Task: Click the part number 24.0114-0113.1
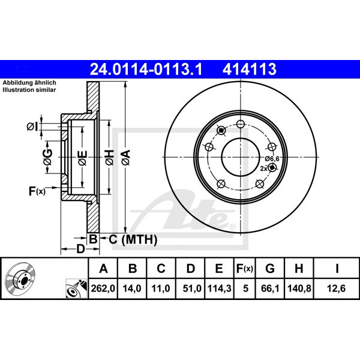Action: [146, 70]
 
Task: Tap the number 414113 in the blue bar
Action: [250, 70]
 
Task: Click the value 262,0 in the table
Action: [103, 289]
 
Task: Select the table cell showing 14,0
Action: [132, 289]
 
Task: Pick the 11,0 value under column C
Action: [161, 289]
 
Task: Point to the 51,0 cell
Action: [192, 289]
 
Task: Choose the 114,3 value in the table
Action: [219, 289]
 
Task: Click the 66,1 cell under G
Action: [270, 289]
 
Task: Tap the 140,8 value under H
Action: [299, 289]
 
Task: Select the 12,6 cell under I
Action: [337, 289]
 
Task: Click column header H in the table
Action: [299, 268]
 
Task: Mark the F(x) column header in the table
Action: [245, 268]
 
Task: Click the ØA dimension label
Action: [126, 157]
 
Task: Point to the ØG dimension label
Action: [48, 157]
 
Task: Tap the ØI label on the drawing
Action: [32, 127]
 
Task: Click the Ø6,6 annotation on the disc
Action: [272, 158]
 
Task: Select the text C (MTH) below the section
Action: [133, 239]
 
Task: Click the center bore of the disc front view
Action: [241, 157]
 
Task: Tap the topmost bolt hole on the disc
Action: [241, 124]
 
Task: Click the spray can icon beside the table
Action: [76, 289]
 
